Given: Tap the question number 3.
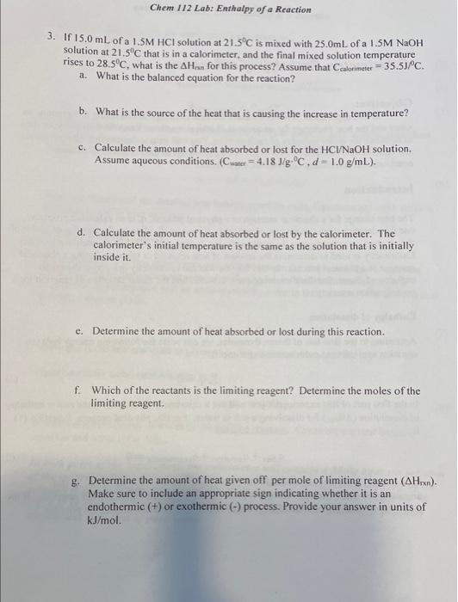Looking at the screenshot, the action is pyautogui.click(x=51, y=39).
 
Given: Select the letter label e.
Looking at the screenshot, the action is pyautogui.click(x=79, y=331).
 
